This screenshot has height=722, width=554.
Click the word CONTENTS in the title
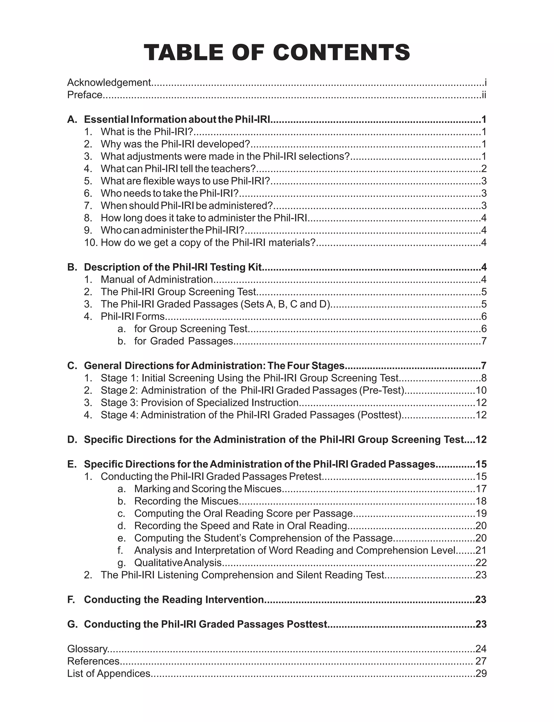point(341,53)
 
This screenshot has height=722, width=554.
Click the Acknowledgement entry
point(109,83)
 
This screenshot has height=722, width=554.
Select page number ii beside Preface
point(484,95)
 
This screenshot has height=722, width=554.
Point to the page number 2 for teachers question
point(484,169)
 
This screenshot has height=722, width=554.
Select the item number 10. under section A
point(91,243)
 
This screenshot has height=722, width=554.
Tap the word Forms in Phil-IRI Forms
point(150,317)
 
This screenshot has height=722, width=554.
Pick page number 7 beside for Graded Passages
point(484,341)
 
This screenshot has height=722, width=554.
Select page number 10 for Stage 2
point(481,390)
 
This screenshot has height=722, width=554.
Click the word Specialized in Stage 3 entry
point(223,403)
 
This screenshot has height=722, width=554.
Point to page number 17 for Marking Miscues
point(481,489)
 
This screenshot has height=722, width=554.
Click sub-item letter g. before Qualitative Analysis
point(121,563)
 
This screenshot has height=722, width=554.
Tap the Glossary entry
point(87,649)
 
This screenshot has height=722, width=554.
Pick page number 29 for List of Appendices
point(481,674)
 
